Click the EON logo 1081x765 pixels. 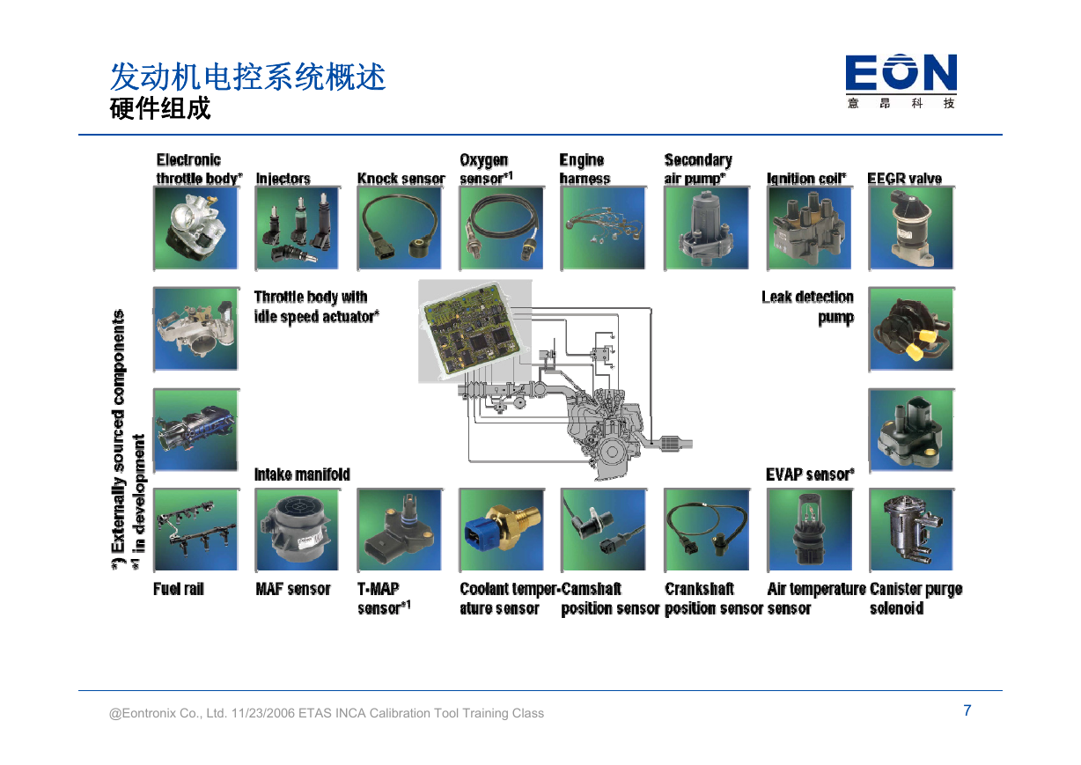point(901,81)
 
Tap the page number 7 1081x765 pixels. point(967,710)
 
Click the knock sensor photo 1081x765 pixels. point(399,228)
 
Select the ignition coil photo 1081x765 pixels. point(809,228)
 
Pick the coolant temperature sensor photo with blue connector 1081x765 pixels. point(502,529)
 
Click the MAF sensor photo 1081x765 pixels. point(298,529)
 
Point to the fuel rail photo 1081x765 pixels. point(195,529)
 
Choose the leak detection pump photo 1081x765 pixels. point(911,329)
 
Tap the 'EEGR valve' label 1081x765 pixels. point(904,179)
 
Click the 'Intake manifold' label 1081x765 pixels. point(302,474)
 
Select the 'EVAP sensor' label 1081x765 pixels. point(810,474)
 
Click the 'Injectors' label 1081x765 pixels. point(283,179)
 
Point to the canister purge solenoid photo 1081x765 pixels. point(911,529)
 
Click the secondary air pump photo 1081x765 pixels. point(707,228)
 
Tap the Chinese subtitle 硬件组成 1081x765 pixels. point(160,108)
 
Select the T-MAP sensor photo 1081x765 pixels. point(399,529)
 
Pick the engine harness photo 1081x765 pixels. point(603,228)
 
